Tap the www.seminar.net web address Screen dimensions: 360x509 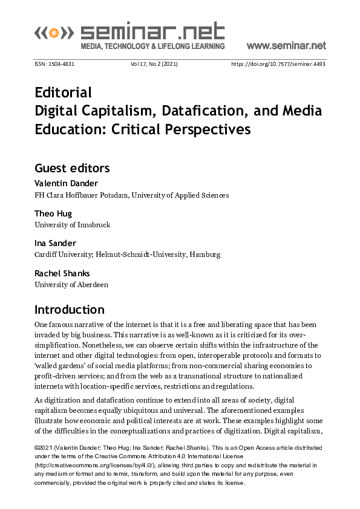[286, 46]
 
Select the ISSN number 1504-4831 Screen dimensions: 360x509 [54, 63]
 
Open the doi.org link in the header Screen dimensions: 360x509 [278, 63]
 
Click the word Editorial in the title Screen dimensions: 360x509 [64, 92]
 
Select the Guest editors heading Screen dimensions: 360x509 [72, 167]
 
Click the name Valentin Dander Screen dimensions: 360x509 [65, 183]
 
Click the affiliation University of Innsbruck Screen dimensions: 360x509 [73, 225]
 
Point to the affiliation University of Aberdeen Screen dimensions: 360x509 [71, 284]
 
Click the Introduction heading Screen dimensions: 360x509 [70, 310]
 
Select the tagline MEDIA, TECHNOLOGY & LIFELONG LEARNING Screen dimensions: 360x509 [152, 47]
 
